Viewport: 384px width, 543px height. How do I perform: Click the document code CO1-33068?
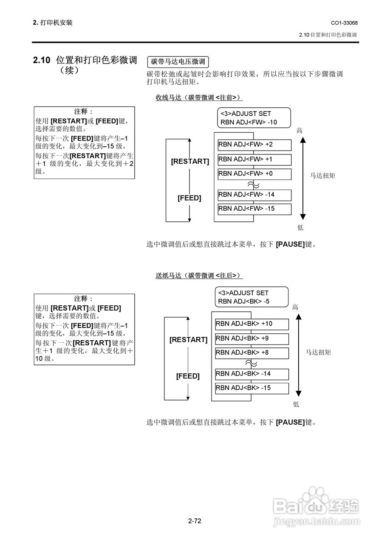(344, 23)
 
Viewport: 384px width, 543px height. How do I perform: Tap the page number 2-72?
(195, 521)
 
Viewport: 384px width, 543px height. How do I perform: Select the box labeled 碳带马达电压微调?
(178, 62)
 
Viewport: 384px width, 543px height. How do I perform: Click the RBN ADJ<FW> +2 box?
(254, 145)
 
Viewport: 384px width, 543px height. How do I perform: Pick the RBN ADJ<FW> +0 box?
(254, 174)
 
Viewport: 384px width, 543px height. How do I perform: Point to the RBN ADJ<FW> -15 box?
(254, 209)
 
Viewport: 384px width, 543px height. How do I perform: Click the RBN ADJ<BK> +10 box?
(252, 324)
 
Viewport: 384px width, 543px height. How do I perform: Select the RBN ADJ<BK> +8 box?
(252, 353)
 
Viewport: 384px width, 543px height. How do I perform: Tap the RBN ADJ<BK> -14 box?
(252, 374)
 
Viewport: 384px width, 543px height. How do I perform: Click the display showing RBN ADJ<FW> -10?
(254, 118)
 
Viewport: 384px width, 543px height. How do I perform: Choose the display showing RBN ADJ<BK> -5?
(252, 297)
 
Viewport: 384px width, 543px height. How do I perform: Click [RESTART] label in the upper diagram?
(190, 162)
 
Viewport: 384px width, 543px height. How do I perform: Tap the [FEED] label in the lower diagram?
(188, 376)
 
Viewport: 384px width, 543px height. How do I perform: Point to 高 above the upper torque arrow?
(299, 131)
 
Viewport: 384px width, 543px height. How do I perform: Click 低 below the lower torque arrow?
(296, 404)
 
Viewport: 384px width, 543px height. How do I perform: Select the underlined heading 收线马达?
(169, 98)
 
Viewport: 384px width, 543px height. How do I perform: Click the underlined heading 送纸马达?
(169, 275)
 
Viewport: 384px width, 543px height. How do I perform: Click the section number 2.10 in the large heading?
(42, 60)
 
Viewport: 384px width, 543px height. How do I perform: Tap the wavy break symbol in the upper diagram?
(254, 185)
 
